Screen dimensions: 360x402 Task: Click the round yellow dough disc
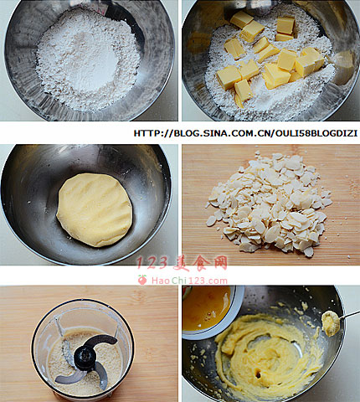coord(95,210)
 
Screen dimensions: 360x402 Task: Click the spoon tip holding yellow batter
coord(331,323)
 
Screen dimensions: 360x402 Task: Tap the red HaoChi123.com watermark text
coord(189,281)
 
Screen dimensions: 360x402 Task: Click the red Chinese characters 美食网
coord(200,263)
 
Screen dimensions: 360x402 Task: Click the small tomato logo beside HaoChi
coord(142,280)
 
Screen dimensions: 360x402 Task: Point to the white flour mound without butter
coord(88,60)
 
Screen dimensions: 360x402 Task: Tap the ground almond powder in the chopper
coord(84,363)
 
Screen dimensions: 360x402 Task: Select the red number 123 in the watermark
coord(152,263)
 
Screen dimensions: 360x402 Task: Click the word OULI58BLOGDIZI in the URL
coord(316,133)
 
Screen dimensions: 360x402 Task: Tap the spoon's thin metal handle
coord(350,315)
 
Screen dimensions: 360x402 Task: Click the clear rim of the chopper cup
coord(83,301)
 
